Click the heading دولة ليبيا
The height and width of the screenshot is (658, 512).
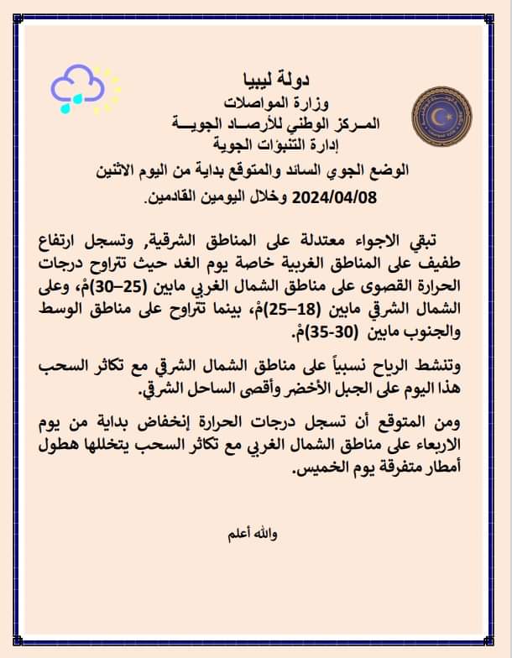tap(257, 81)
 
